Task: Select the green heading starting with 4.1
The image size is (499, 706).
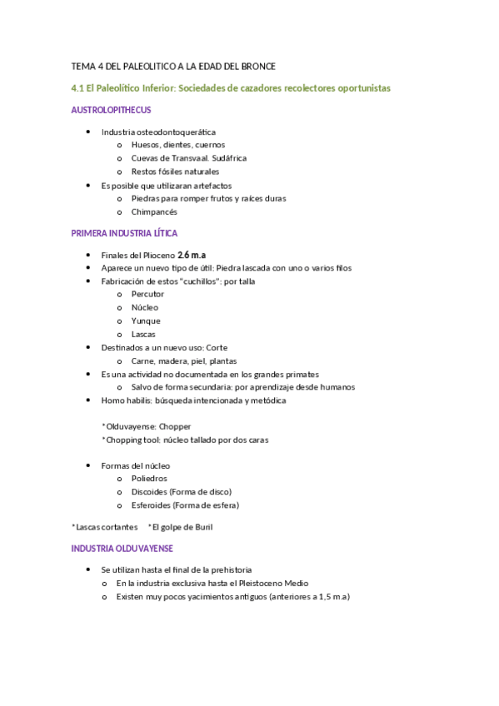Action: point(231,87)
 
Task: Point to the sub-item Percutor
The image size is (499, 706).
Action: point(147,294)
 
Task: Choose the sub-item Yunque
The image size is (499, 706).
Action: point(146,321)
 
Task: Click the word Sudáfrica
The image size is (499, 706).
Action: point(228,157)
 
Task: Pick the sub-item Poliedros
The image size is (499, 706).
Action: point(149,479)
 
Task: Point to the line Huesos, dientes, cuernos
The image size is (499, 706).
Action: point(172,144)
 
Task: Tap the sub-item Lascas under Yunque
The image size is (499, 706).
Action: point(143,334)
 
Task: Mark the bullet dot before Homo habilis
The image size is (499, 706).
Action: point(89,400)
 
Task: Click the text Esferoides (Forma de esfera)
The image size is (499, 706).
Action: point(185,505)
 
